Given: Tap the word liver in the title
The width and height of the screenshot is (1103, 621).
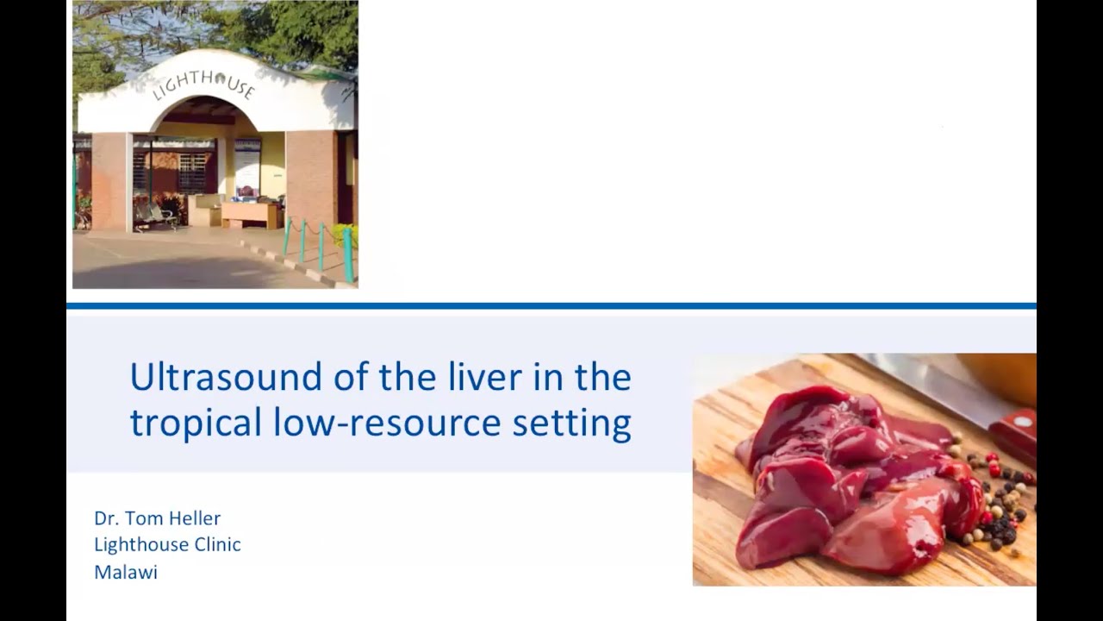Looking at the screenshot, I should tap(433, 377).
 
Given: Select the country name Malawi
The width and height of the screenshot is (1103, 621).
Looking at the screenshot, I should tap(126, 572).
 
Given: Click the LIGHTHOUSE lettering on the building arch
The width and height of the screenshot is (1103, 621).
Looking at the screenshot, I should tap(203, 84).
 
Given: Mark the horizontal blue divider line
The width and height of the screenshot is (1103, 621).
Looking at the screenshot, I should tap(551, 305).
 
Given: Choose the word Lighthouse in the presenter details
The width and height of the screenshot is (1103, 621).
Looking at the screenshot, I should tap(142, 544).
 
